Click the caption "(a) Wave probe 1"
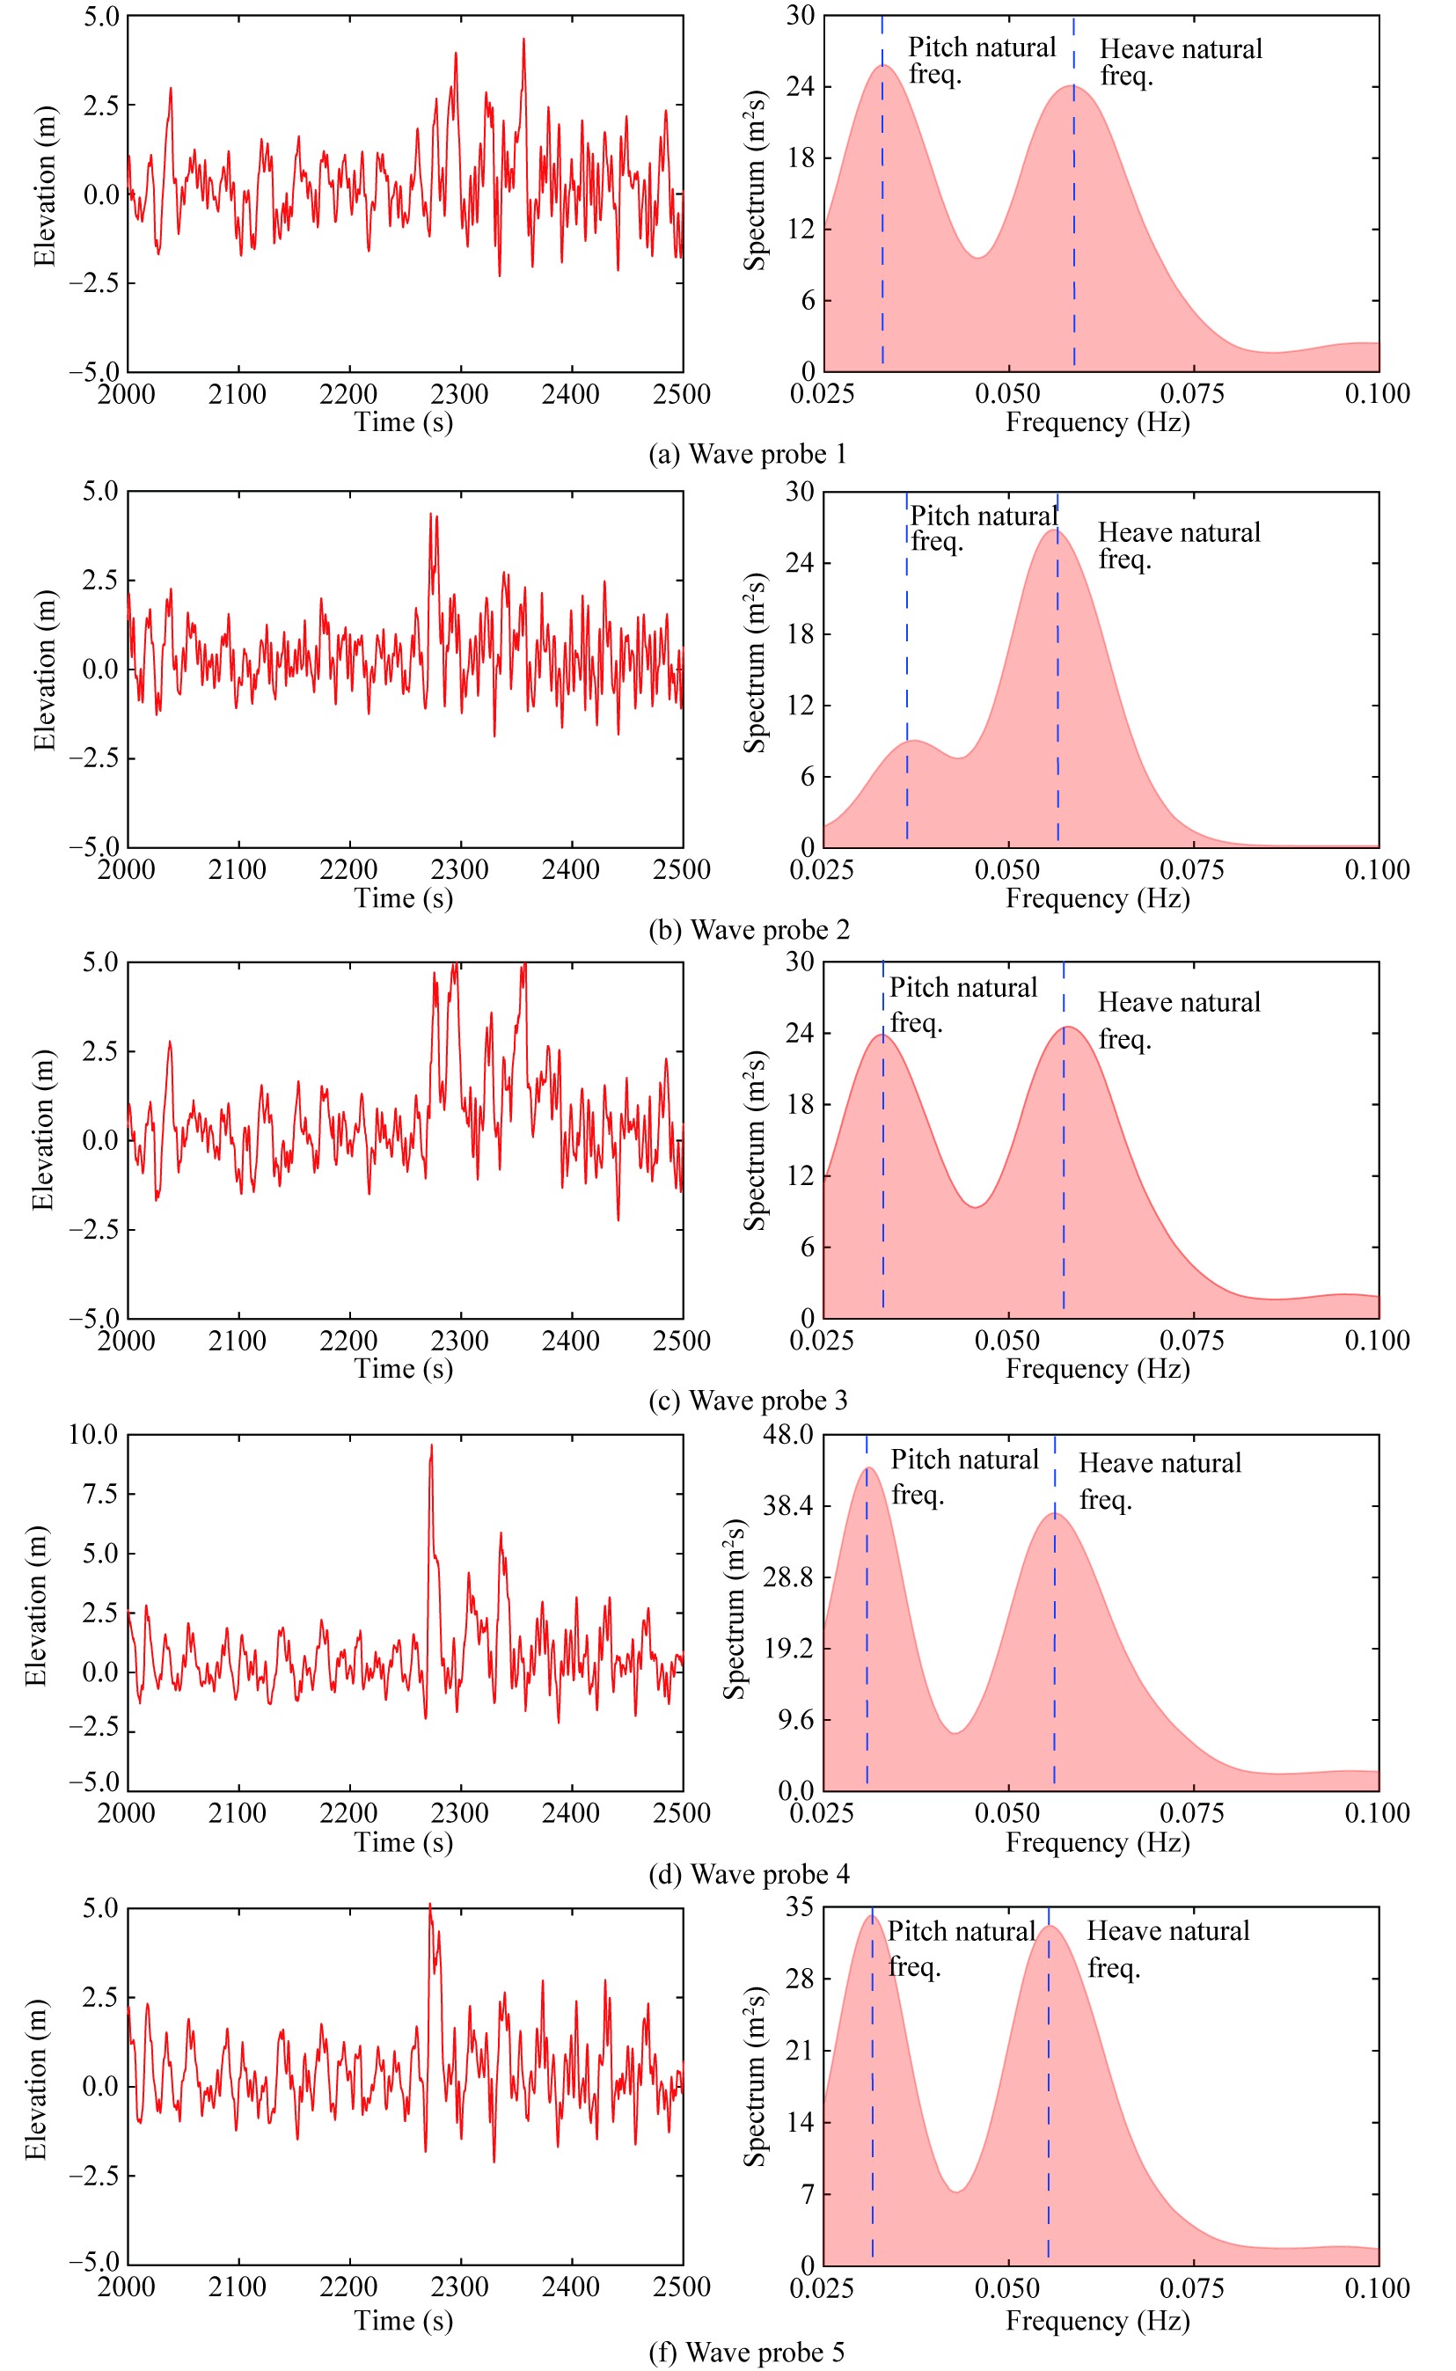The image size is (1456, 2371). click(747, 455)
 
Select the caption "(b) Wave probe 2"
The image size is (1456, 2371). click(750, 930)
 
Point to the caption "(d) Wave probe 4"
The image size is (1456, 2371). click(750, 1874)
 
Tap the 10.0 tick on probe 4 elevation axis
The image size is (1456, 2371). click(93, 1435)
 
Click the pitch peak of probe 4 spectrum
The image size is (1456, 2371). click(868, 1468)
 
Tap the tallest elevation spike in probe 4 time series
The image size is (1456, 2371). click(431, 1445)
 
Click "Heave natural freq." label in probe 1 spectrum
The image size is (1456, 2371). click(1181, 62)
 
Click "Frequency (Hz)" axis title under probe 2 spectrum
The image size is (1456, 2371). click(1098, 898)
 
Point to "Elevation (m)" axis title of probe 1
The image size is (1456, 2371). click(44, 186)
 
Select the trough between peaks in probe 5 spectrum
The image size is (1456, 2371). click(956, 2192)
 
